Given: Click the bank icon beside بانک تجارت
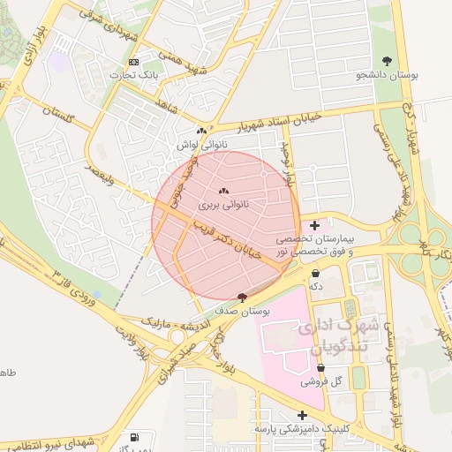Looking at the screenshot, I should pos(133,62).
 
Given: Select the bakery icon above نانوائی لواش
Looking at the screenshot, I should pos(202,131).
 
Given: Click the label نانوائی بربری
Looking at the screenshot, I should pos(223,204).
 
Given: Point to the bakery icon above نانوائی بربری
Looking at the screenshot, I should pos(223,191).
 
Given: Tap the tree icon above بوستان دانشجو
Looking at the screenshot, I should pos(388,60).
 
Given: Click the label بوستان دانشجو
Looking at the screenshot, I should pos(386,75).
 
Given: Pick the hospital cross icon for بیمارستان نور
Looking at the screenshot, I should pos(315,226).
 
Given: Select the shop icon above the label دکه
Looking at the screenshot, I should pos(315,274).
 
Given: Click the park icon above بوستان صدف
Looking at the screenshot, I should pos(243,297).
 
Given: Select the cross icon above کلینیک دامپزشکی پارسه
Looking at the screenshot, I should pos(303,415).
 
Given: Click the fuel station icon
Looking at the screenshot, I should pos(133,437).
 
